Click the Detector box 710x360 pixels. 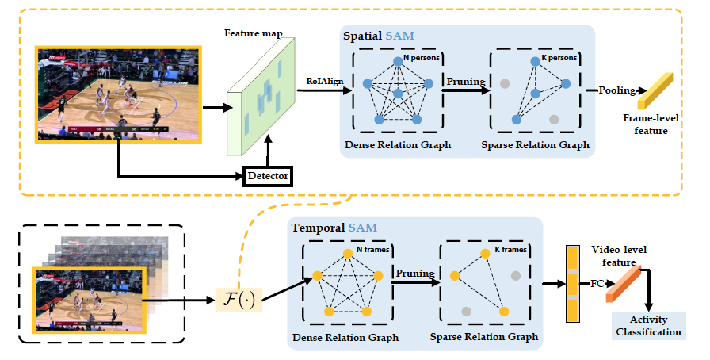[x=269, y=174]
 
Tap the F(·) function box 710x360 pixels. [x=239, y=301]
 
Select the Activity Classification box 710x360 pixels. [x=650, y=326]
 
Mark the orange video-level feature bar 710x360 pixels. [x=623, y=285]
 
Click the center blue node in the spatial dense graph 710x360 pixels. [x=399, y=94]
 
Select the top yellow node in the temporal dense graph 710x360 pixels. [x=347, y=253]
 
